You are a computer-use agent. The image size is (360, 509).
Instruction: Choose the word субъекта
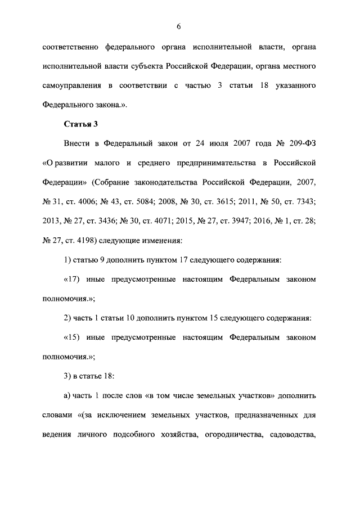[x=144, y=67]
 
